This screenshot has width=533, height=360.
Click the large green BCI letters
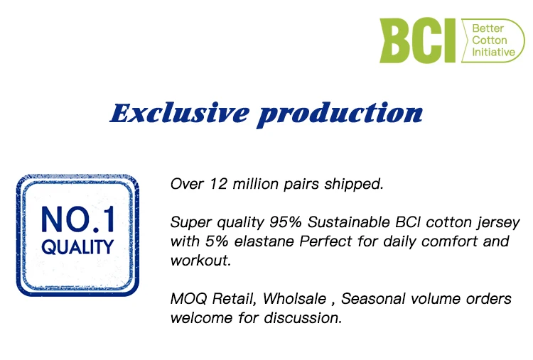click(418, 40)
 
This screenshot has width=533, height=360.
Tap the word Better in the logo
click(488, 28)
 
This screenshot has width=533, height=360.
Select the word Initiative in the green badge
click(494, 52)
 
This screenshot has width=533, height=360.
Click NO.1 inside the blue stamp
click(78, 219)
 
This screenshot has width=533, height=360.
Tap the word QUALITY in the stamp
click(77, 247)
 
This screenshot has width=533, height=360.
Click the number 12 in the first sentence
click(219, 184)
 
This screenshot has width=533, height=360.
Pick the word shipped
click(354, 185)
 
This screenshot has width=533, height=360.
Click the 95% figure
click(286, 222)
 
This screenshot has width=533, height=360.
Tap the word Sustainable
click(349, 222)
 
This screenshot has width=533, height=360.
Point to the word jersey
click(498, 223)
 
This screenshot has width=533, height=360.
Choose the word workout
click(200, 261)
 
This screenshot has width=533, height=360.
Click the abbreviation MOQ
click(188, 299)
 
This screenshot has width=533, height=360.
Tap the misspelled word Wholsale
click(294, 299)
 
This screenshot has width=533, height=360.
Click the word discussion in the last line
click(303, 318)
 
